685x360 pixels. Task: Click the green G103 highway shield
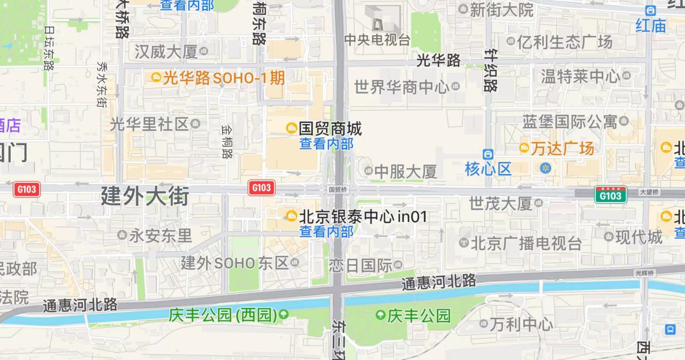coord(610,195)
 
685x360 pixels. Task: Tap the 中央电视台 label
coord(377,40)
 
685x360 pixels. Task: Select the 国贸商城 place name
coord(330,128)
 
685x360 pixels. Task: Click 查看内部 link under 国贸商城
coord(326,143)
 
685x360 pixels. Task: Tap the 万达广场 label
coord(562,148)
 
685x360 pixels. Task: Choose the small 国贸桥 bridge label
coord(338,189)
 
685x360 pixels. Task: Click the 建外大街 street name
coord(144,196)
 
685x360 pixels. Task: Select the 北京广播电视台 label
coord(526,243)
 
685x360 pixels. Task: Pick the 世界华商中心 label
coord(401,87)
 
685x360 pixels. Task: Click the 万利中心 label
coord(521,324)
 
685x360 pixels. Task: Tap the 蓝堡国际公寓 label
coord(570,121)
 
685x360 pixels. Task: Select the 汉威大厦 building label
coord(166,52)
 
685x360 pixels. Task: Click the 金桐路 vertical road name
coord(227,142)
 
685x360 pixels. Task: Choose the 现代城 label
coord(639,236)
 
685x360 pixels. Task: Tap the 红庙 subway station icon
coord(651,10)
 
